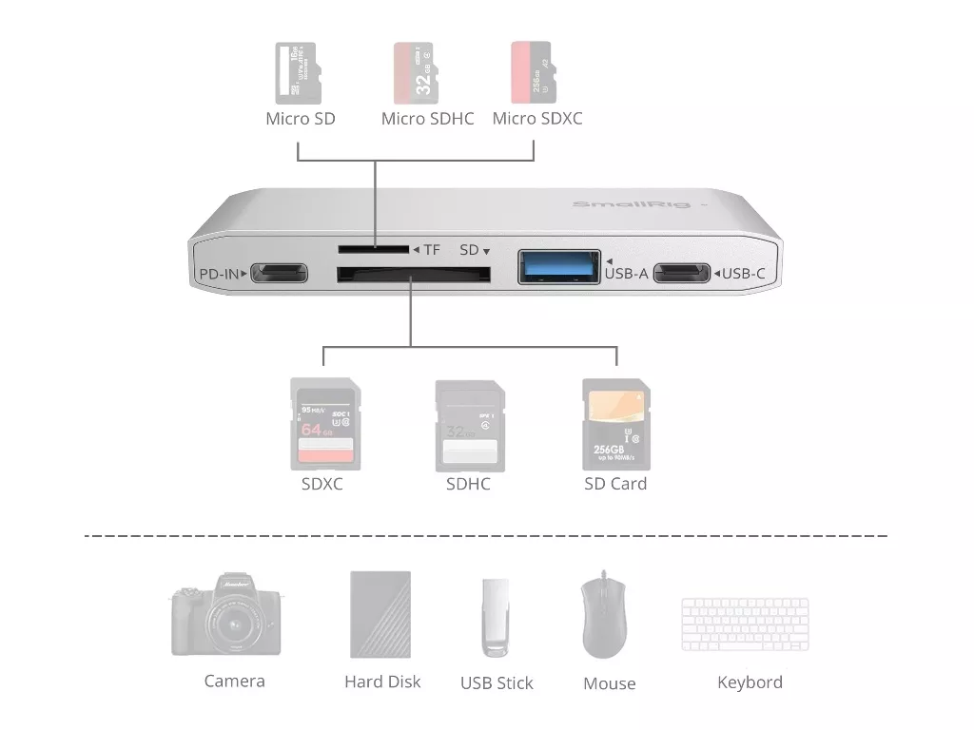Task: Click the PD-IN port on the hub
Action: tap(279, 272)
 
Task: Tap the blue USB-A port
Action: tap(559, 267)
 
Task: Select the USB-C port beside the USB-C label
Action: tap(683, 273)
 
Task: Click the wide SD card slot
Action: tap(414, 276)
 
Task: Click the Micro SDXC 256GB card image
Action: tap(533, 72)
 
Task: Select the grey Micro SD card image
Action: tap(298, 72)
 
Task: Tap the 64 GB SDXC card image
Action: tap(325, 424)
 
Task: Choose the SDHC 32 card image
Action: tap(469, 425)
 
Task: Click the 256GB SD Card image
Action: tap(614, 424)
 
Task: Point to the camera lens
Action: tap(232, 626)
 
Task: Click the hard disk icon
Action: tap(381, 615)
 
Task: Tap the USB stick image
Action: tap(496, 618)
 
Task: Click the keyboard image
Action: tap(745, 624)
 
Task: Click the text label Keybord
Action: tap(750, 682)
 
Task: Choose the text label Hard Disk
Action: tap(382, 682)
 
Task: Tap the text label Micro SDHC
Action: tap(427, 120)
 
